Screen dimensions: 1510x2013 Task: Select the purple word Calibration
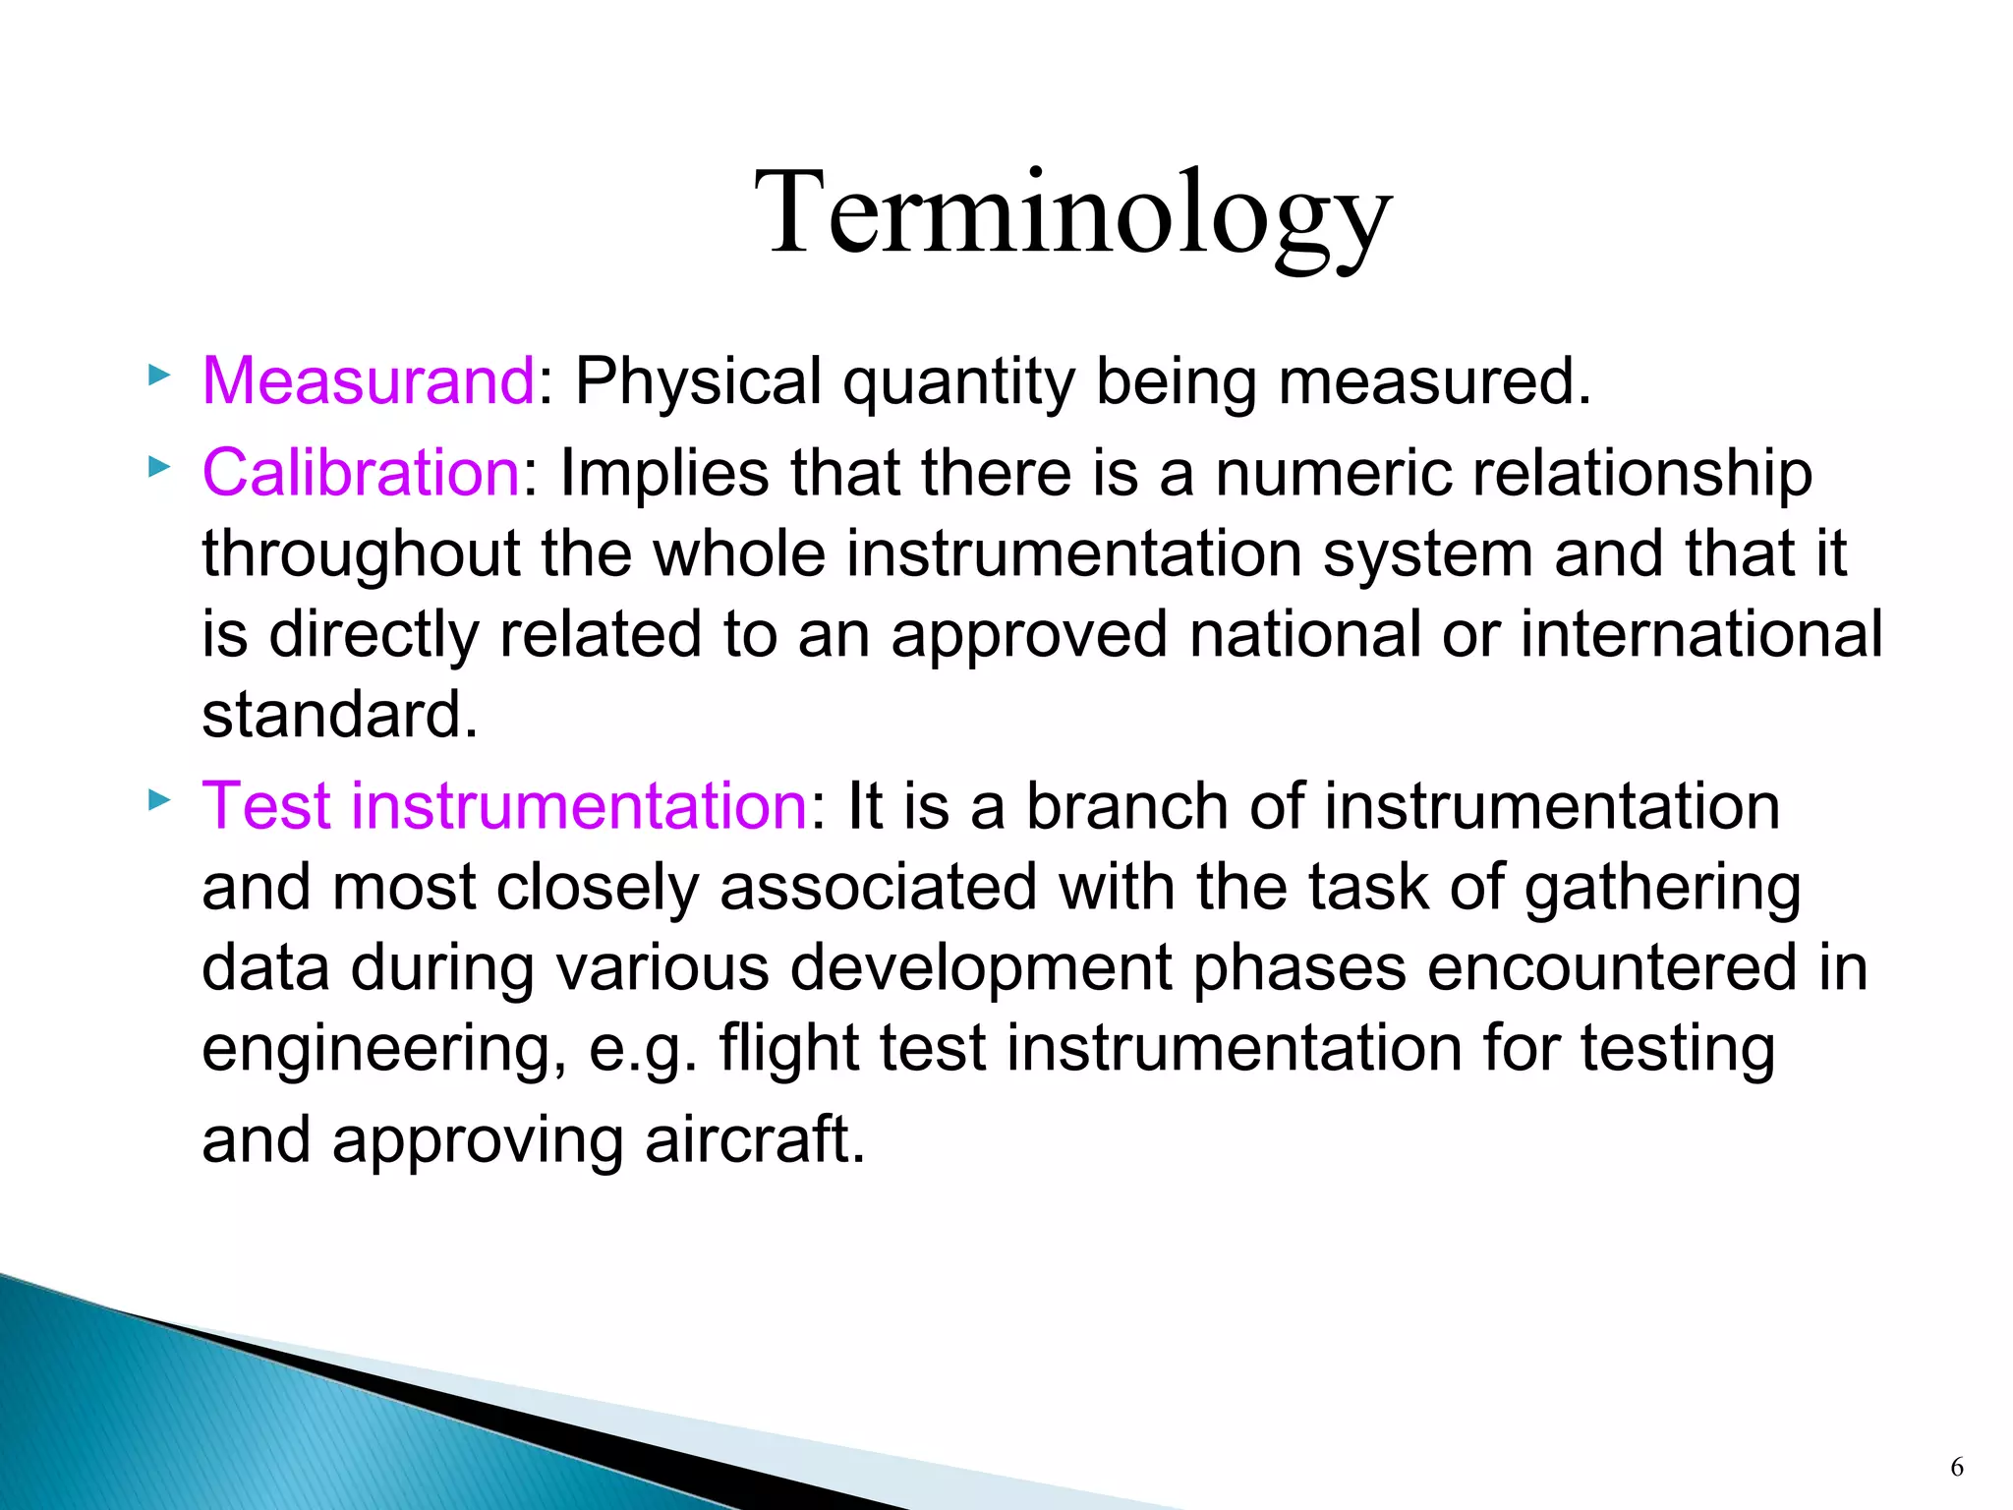(x=361, y=473)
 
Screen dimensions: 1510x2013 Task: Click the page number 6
(x=1956, y=1468)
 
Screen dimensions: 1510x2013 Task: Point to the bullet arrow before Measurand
(x=159, y=375)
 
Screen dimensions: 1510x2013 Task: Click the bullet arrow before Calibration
(x=159, y=467)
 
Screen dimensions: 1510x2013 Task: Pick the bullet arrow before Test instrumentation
(x=159, y=800)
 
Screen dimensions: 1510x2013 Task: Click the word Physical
(x=698, y=380)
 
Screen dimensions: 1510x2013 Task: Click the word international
(x=1701, y=634)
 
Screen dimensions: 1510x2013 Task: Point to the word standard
(x=339, y=715)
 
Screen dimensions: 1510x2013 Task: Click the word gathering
(x=1662, y=888)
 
